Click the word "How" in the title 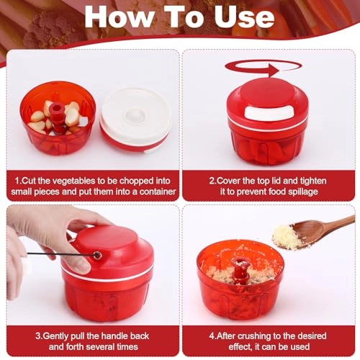118,17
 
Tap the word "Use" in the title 244,17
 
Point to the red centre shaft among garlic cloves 57,117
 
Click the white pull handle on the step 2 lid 269,112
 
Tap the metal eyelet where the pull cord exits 97,256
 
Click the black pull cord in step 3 60,254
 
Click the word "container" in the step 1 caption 158,192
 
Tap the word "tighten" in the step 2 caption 313,181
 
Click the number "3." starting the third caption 39,336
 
